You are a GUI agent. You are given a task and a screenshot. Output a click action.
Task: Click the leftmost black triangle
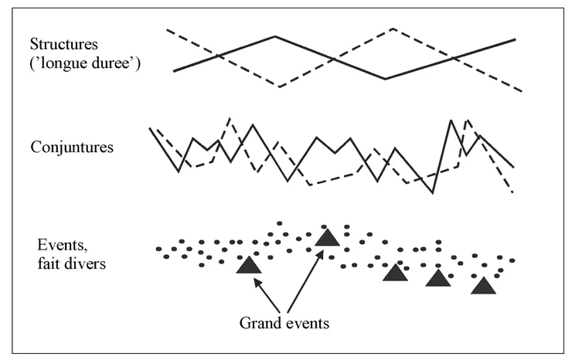[x=248, y=265]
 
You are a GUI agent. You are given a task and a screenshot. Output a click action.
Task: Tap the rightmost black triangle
[x=484, y=285]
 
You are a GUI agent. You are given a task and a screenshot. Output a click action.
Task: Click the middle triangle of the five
[x=395, y=272]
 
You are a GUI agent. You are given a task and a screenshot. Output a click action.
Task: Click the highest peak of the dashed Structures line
[x=392, y=29]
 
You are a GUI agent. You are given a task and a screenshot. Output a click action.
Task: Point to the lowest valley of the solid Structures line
[x=385, y=79]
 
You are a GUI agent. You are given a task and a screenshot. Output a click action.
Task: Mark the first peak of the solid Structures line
[x=275, y=36]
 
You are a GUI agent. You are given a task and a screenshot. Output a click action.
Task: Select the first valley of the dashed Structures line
[x=280, y=87]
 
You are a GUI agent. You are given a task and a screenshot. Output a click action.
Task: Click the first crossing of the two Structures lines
[x=219, y=56]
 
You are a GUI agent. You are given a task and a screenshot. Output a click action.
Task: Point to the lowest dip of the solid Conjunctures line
[x=433, y=193]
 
